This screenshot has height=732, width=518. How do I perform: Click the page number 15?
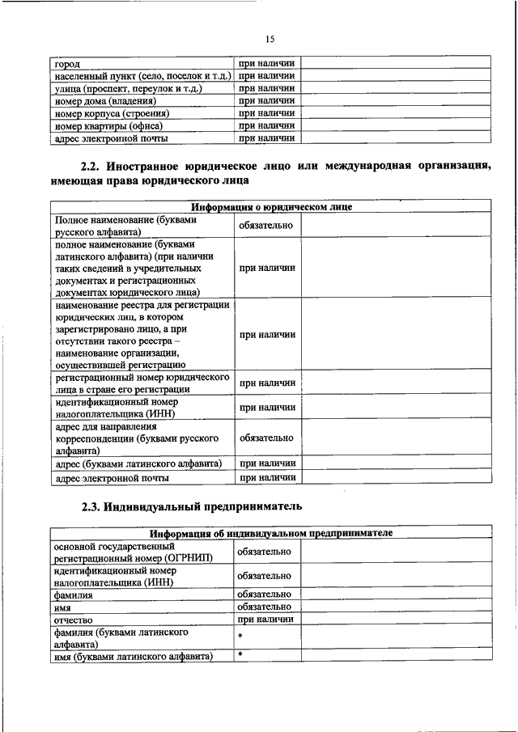(270, 38)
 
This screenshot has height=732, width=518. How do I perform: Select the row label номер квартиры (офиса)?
(108, 126)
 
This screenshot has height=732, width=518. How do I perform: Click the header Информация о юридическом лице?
(271, 207)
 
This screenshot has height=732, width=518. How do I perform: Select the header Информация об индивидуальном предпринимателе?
(271, 534)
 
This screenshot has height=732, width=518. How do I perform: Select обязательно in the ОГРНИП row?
(265, 552)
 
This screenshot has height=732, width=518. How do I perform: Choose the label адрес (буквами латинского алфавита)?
(138, 463)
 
